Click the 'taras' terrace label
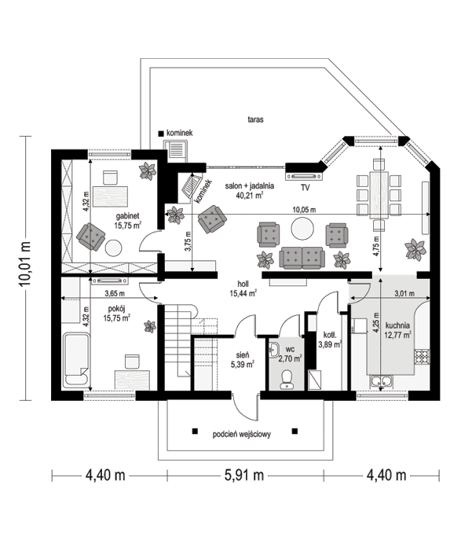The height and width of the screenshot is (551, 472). (253, 120)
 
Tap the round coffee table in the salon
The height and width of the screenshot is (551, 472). (302, 228)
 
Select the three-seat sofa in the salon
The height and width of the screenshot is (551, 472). (302, 255)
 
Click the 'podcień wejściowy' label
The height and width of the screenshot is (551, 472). (242, 434)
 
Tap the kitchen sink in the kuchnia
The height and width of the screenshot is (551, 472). (385, 383)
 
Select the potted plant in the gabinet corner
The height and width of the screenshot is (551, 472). (147, 171)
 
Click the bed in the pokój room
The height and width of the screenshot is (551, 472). (76, 358)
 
